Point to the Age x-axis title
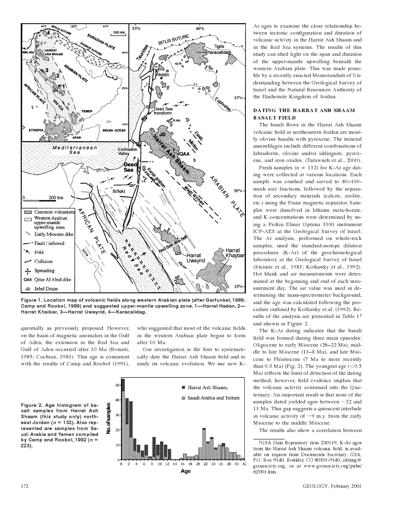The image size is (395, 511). pyautogui.click(x=185, y=471)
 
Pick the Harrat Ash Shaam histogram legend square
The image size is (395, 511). pyautogui.click(x=184, y=388)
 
